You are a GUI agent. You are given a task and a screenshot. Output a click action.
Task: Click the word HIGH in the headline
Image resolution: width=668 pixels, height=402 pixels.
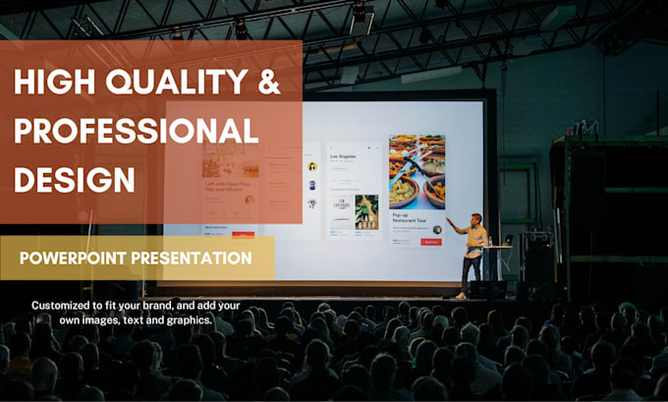click(49, 86)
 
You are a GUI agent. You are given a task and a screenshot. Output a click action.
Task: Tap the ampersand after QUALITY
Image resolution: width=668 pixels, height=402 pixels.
click(268, 86)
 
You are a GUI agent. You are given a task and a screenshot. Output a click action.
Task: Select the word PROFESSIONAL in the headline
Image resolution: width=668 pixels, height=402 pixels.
click(137, 132)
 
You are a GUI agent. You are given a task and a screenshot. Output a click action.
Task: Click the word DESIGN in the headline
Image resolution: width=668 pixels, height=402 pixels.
click(75, 179)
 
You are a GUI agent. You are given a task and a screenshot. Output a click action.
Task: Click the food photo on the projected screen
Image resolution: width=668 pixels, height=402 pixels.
click(416, 172)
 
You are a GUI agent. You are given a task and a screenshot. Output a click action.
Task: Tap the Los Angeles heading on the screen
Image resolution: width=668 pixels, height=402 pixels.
click(343, 156)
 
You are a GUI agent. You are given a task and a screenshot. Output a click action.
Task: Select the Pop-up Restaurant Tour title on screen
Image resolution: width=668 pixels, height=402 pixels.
click(409, 220)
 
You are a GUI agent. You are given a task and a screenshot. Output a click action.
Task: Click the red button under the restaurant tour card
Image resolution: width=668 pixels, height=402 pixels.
click(430, 242)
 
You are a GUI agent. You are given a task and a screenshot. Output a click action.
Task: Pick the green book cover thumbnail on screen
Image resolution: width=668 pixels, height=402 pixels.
click(366, 209)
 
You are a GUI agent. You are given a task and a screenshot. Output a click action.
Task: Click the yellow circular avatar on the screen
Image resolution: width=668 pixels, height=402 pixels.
click(311, 167)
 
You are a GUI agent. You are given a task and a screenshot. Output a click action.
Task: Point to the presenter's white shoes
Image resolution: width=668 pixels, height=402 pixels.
click(462, 295)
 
